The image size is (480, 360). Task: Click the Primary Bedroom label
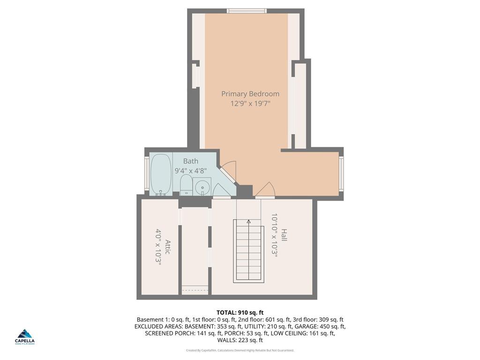[x=250, y=94]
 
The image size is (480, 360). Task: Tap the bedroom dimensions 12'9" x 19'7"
[x=250, y=104]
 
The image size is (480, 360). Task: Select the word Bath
[x=190, y=161]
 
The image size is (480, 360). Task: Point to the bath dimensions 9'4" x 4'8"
[x=190, y=171]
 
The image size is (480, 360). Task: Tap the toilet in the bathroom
[x=186, y=186]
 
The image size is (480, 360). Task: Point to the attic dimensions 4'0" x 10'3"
[x=158, y=247]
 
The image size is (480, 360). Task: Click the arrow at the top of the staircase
[x=249, y=221]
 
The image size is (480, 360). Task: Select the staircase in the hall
[x=249, y=253]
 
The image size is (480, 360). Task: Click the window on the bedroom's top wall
[x=247, y=11]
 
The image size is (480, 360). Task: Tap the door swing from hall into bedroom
[x=266, y=189]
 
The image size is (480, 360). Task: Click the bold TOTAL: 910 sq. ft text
[x=240, y=312]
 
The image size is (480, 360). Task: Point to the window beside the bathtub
[x=146, y=174]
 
